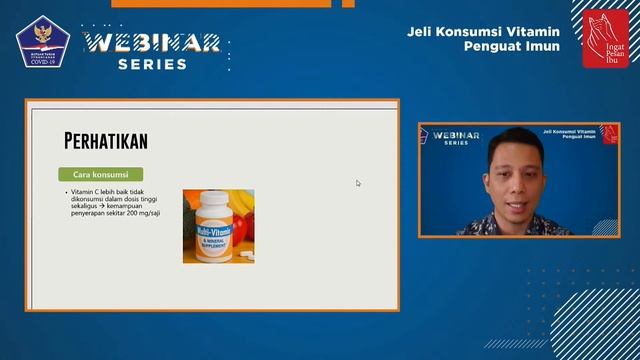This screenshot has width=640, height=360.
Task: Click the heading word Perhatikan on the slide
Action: point(105,140)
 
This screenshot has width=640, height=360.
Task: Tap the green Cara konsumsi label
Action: point(100,174)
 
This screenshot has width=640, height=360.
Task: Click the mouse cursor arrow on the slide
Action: point(358,183)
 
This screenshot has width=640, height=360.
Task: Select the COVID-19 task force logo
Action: point(40,40)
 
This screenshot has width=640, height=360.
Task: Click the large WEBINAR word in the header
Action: point(152,43)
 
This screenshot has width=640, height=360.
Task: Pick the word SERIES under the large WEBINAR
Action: point(152,64)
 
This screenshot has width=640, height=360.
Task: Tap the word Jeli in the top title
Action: point(420,30)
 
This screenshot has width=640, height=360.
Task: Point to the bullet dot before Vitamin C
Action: point(66,191)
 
